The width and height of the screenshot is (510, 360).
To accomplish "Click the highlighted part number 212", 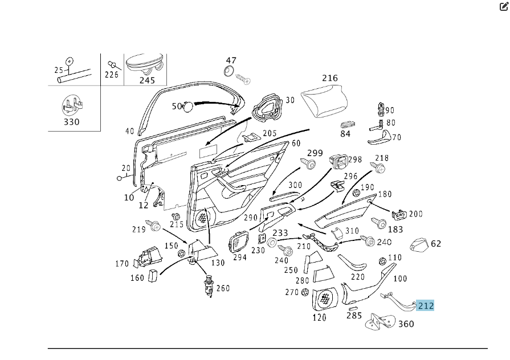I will click(x=426, y=306).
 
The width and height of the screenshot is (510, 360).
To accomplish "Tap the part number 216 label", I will click(x=330, y=78).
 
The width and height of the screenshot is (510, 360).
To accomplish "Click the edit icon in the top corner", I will click(x=504, y=7).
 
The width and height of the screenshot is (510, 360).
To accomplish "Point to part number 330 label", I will click(x=72, y=121).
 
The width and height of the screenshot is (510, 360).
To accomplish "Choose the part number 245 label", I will click(x=147, y=80).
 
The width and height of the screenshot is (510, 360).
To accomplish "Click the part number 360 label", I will click(x=406, y=324).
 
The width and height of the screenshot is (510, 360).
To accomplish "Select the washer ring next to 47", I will click(x=230, y=71).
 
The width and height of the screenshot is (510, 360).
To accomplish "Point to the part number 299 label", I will click(x=315, y=153).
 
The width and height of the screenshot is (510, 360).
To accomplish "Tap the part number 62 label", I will click(x=436, y=244).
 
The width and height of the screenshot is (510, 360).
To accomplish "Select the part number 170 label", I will click(x=122, y=264).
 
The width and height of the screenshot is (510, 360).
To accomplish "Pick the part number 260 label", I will click(x=223, y=288).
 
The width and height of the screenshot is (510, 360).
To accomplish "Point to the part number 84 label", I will click(x=345, y=134).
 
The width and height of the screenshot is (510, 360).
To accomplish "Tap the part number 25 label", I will click(x=59, y=70).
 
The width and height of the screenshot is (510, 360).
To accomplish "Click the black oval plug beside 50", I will click(x=189, y=107).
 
